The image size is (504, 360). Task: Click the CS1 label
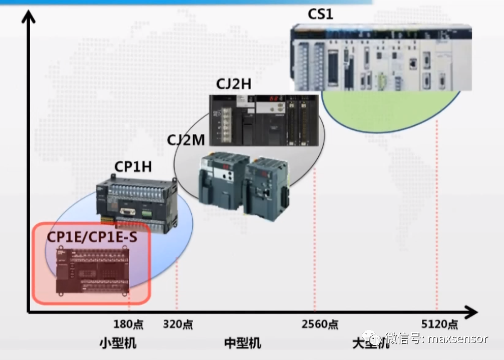[320, 13]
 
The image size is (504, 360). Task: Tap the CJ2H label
[233, 84]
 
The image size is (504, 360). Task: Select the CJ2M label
[186, 141]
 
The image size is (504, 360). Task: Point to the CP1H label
[133, 166]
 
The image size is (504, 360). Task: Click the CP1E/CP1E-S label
[92, 236]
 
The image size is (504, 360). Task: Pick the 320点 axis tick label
[178, 324]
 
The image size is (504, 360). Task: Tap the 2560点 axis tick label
[320, 324]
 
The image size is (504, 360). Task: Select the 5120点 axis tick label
[439, 324]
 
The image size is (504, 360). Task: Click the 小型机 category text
[118, 343]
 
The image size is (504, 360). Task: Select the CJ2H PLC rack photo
[263, 119]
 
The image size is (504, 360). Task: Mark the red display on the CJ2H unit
[274, 99]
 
